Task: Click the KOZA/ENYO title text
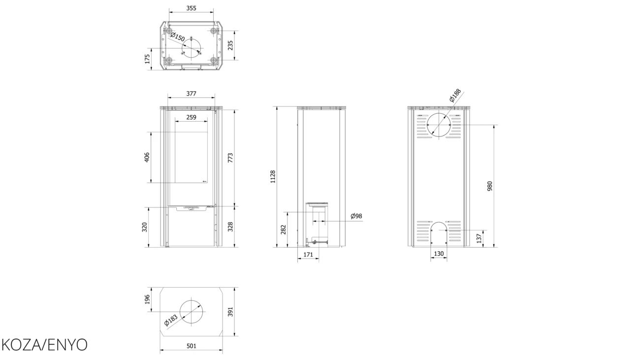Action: coord(45,345)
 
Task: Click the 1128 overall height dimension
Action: coord(273,177)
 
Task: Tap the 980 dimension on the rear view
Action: coord(490,186)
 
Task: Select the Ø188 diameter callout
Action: coord(455,96)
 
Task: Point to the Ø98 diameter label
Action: coord(356,216)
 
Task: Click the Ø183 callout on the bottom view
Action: coord(171,320)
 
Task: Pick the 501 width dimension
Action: coord(192,346)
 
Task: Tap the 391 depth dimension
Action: coord(230,312)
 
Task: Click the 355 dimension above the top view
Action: coord(192,8)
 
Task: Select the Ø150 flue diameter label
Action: coord(178,36)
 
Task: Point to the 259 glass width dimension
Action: coord(192,117)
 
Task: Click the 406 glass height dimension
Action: coord(147,157)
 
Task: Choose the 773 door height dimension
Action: coord(230,158)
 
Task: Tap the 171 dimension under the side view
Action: coord(308,255)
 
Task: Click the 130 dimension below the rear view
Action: coord(439,254)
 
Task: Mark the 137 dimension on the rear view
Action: coord(479,238)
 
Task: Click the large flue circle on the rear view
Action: coord(439,113)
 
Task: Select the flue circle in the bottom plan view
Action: coord(192,300)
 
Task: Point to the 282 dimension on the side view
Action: coord(284,229)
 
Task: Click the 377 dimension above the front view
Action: coord(192,94)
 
